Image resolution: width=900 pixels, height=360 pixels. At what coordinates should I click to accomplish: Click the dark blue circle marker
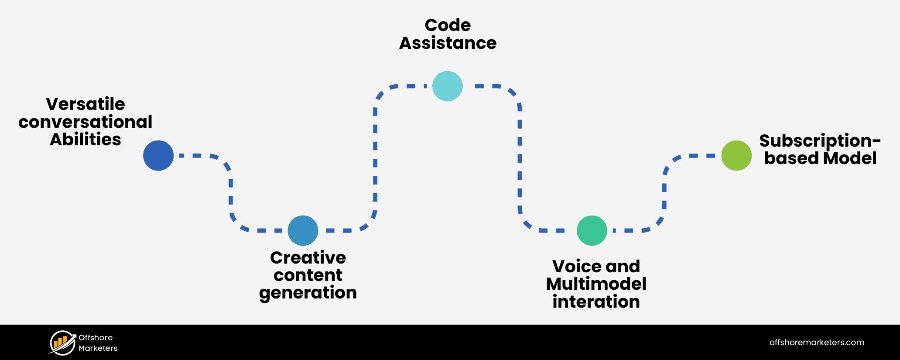(x=158, y=155)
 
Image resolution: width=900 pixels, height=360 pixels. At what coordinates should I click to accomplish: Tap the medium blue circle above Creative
(x=303, y=230)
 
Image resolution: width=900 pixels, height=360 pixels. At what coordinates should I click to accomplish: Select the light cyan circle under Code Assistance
(x=447, y=86)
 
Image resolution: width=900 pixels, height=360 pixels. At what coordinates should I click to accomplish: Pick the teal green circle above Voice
(x=592, y=230)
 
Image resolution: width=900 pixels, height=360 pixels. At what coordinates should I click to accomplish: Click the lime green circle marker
(x=736, y=155)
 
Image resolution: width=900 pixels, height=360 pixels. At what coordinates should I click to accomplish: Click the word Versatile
(x=86, y=104)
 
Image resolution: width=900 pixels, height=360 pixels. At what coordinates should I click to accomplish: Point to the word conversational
(x=86, y=122)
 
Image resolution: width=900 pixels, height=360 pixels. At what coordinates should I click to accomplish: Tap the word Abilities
(x=86, y=140)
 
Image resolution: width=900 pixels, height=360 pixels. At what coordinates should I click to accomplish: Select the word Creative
(x=308, y=258)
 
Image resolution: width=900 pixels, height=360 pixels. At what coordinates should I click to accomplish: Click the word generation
(x=308, y=293)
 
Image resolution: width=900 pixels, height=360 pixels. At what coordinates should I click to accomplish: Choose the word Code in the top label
(x=448, y=25)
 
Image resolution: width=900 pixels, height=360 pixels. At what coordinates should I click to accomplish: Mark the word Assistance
(x=448, y=43)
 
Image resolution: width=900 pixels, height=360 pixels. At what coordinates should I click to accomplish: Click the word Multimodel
(x=596, y=284)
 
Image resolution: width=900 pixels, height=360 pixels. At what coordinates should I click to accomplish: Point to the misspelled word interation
(x=596, y=302)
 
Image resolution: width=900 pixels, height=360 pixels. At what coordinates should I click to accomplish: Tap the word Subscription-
(x=820, y=141)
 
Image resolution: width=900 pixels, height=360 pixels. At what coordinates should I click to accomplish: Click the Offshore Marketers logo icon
(x=62, y=343)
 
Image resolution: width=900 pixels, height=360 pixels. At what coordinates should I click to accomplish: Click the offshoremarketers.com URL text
(x=817, y=343)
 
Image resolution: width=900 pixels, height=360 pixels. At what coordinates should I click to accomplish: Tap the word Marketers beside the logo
(x=98, y=348)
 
